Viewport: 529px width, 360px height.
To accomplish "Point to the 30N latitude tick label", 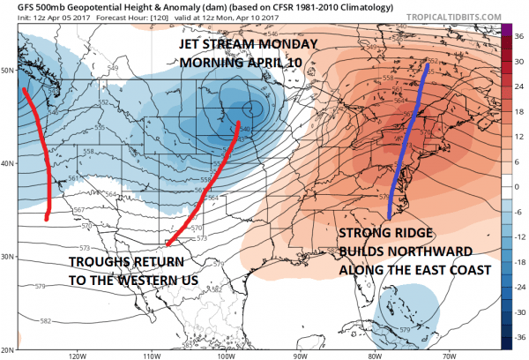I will click(7, 257).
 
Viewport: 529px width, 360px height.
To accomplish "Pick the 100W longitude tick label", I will click(226, 356).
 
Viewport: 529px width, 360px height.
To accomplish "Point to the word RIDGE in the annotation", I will click(414, 236).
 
